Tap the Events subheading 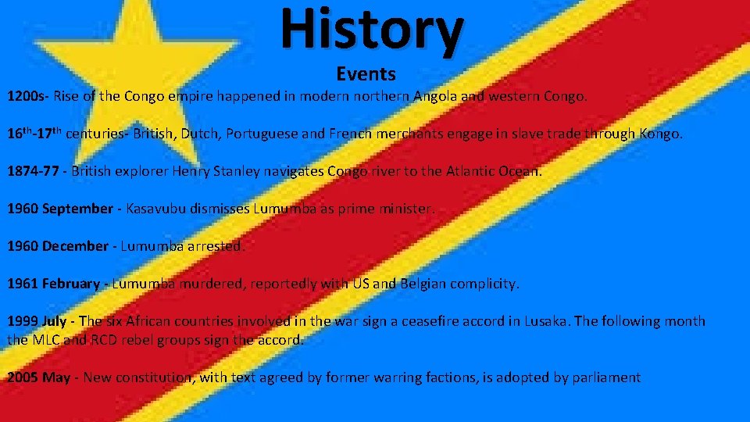point(366,74)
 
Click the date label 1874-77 point(33,171)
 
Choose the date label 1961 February point(53,284)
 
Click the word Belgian point(430,284)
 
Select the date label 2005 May point(38,377)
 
